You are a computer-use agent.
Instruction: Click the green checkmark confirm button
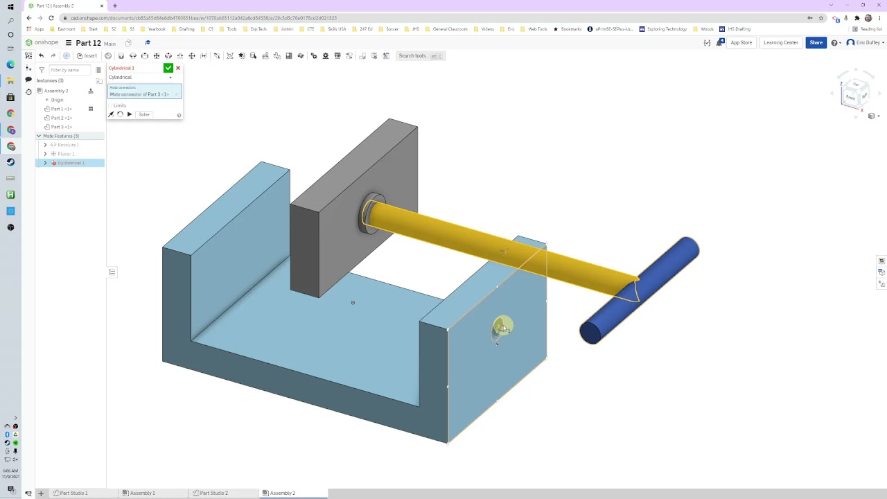click(x=168, y=68)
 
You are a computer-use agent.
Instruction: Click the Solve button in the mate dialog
click(x=144, y=114)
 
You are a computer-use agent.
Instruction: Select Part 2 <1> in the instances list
click(x=62, y=118)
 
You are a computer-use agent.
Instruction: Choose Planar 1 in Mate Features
click(x=66, y=154)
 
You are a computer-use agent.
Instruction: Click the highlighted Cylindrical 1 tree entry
click(x=71, y=163)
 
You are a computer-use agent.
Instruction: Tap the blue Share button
click(x=816, y=43)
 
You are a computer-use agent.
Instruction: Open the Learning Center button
click(x=780, y=43)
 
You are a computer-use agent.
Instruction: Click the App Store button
click(x=741, y=43)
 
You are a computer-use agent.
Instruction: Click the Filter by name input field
click(x=69, y=70)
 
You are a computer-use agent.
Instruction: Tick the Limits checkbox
click(x=111, y=105)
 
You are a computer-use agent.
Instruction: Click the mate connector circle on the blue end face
click(x=502, y=327)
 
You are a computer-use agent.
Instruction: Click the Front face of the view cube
click(x=851, y=97)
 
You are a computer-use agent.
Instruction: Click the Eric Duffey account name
click(x=867, y=43)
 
